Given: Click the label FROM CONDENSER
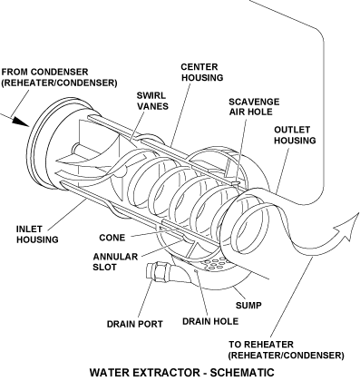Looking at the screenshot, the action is [45, 72].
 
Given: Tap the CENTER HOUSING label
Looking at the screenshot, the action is [202, 72].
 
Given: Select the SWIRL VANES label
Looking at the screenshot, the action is [152, 101].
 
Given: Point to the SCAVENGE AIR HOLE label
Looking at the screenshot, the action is [254, 107].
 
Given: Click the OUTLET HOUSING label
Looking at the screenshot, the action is [295, 135].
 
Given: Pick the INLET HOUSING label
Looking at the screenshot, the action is [37, 234].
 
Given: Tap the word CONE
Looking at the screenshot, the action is [112, 238].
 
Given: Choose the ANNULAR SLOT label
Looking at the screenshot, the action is [115, 262].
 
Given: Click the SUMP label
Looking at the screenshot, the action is [248, 306].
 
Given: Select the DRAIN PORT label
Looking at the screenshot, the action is [135, 324].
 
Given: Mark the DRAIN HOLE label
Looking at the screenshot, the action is [210, 321].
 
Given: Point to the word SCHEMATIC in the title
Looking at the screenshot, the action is [242, 372].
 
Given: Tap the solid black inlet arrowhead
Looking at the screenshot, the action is [20, 122].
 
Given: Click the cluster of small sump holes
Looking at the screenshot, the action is [215, 263].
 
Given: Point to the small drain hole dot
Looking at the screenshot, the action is [196, 272].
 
